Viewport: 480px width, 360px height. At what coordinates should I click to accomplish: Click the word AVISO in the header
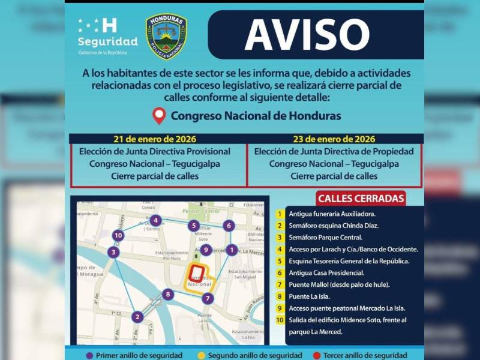point(307,35)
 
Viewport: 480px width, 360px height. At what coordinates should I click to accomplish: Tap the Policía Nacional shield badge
point(166,37)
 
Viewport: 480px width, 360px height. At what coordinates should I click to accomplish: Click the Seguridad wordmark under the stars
point(108,41)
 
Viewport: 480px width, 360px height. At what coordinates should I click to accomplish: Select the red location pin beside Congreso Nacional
point(159,115)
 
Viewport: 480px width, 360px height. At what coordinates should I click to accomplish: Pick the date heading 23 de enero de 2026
point(334,139)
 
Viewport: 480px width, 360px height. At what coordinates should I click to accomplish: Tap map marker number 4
point(155,220)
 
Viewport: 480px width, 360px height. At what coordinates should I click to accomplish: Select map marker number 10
point(118,236)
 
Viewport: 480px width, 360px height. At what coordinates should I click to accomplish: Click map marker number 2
point(137,317)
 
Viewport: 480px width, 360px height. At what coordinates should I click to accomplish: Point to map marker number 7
point(208,298)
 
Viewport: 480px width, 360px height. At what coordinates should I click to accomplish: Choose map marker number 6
point(228,226)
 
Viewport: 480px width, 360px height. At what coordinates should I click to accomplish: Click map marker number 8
point(168,294)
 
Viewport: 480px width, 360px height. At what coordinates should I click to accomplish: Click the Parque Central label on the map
point(199,211)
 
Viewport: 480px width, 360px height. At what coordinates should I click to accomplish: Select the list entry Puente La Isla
point(312,296)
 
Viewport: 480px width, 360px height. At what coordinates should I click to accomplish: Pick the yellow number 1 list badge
point(280,214)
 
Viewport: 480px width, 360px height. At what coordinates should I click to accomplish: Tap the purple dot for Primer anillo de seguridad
point(90,355)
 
